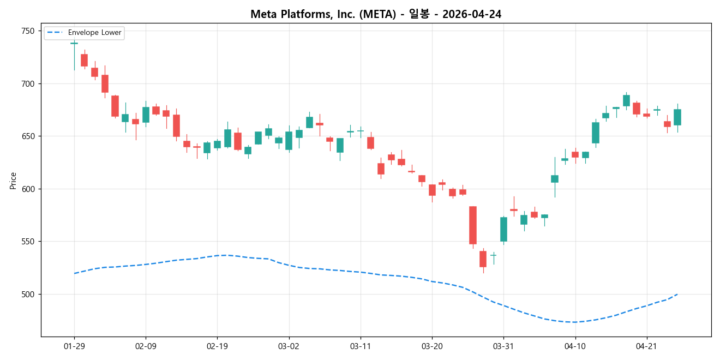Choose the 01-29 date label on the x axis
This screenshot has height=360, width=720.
coord(74,346)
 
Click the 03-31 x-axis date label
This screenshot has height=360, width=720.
coord(503,346)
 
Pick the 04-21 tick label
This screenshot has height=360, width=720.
coord(646,346)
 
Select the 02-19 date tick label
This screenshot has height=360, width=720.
coord(217,346)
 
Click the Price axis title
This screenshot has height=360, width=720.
coord(13,181)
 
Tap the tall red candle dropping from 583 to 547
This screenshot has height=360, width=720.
coord(473,225)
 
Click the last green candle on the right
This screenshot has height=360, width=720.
coord(677,117)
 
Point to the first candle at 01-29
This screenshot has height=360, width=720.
coord(74,43)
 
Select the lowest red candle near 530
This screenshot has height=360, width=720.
coord(483,259)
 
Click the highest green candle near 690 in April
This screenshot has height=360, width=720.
coord(626,100)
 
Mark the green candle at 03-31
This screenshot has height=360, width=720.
coord(503,229)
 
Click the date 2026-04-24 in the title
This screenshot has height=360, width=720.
coord(473,15)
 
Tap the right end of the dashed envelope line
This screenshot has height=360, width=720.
coord(677,294)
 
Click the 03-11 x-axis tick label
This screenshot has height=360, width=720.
coord(360,346)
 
